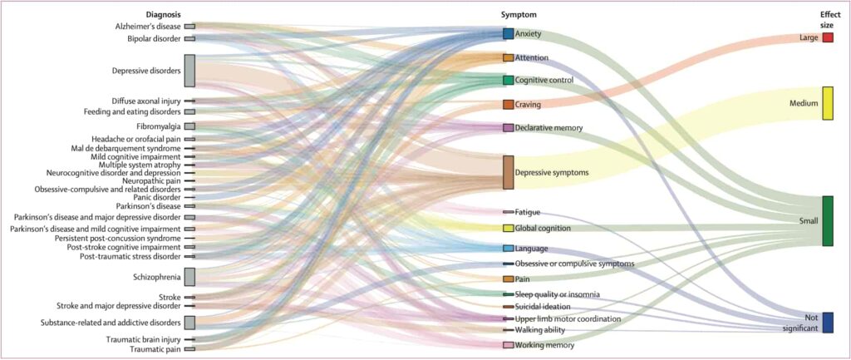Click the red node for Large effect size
(x=828, y=37)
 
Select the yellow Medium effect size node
(x=828, y=103)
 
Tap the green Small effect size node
(x=828, y=220)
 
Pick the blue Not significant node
(x=828, y=323)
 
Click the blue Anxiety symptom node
(x=508, y=34)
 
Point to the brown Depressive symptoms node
(x=508, y=172)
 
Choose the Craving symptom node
(x=508, y=105)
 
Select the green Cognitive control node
(x=508, y=80)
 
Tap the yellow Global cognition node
(x=508, y=228)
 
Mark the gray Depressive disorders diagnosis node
(x=189, y=71)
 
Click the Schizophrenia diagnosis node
(x=189, y=277)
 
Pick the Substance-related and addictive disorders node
(x=189, y=323)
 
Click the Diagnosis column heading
(x=163, y=15)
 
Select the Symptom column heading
(x=519, y=15)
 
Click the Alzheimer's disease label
(x=148, y=27)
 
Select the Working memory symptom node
(x=508, y=345)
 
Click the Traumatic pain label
(x=159, y=349)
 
